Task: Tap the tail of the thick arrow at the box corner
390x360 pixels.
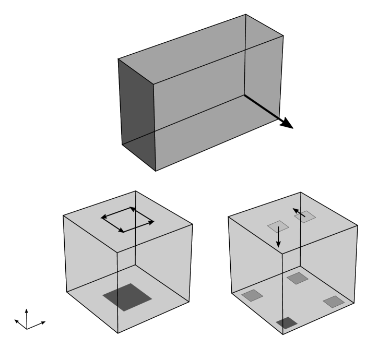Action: pos(244,95)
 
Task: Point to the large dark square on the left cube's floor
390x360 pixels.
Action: pos(127,297)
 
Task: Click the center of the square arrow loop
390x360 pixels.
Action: pos(127,219)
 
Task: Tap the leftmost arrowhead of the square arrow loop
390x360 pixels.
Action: pos(103,217)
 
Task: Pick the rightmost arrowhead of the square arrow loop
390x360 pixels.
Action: pos(152,222)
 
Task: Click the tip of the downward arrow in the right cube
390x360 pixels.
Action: pos(278,246)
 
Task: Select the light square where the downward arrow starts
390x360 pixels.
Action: pos(278,226)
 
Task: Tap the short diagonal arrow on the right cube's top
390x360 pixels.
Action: pos(299,212)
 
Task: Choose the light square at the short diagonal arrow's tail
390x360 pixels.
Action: pos(306,216)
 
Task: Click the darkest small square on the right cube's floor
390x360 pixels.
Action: pos(286,323)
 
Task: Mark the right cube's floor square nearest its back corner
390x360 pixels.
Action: pos(296,278)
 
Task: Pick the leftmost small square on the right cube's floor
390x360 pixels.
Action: pos(251,296)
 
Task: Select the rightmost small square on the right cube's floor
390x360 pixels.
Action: pos(333,301)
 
